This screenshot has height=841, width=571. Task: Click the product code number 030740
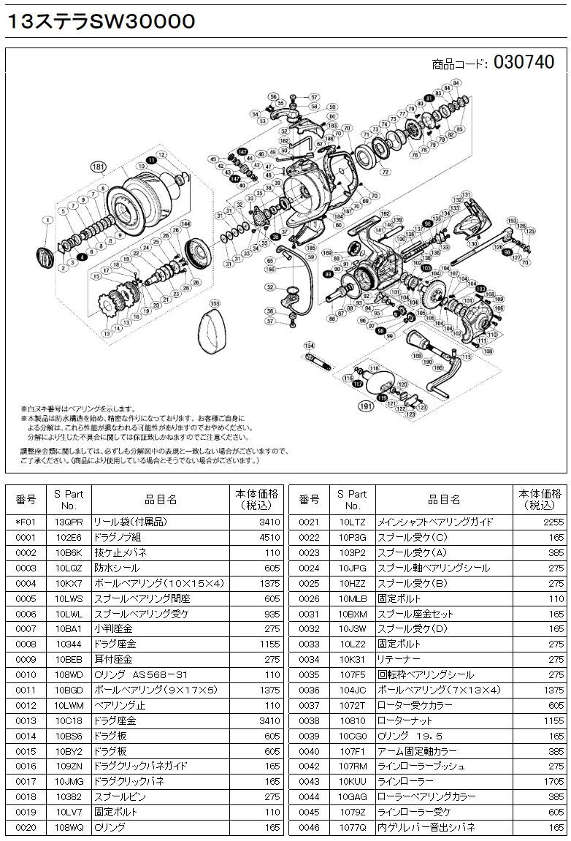[x=524, y=63]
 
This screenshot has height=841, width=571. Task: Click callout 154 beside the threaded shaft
[x=309, y=346]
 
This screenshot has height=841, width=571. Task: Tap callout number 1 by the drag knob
[x=47, y=220]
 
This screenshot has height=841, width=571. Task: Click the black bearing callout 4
[x=83, y=258]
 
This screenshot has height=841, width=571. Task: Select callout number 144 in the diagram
[x=185, y=224]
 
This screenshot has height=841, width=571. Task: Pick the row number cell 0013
[x=26, y=720]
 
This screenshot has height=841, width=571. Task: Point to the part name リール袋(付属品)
[x=121, y=522]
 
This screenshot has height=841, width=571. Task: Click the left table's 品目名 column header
[x=161, y=500]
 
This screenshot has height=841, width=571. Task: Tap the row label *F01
[x=26, y=522]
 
